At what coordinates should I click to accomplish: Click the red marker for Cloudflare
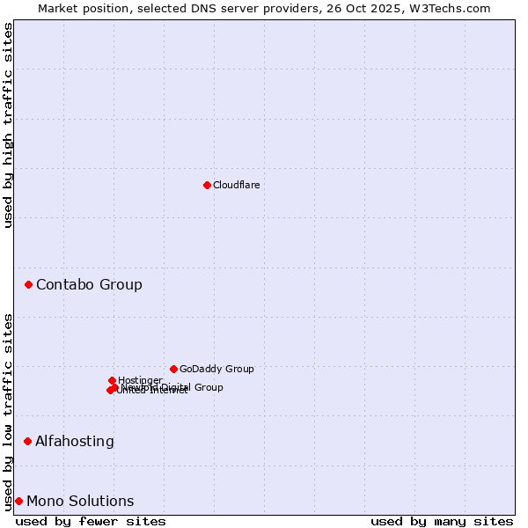[x=207, y=185]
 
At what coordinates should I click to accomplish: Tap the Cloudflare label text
[x=236, y=185]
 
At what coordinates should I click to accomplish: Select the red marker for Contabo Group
[x=29, y=284]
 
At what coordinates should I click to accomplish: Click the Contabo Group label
[x=89, y=284]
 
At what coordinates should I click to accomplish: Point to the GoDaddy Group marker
[x=173, y=369]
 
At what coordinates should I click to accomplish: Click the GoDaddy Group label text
[x=216, y=369]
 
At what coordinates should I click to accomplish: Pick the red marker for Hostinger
[x=112, y=380]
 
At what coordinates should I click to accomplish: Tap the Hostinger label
[x=140, y=380]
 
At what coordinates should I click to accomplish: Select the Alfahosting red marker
[x=28, y=441]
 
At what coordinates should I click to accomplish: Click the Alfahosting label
[x=75, y=441]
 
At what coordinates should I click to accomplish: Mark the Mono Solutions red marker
[x=18, y=501]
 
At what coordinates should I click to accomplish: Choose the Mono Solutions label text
[x=80, y=501]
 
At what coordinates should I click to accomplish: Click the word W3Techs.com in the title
[x=454, y=8]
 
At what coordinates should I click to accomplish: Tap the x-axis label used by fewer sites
[x=91, y=521]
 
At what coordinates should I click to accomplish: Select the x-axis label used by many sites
[x=442, y=521]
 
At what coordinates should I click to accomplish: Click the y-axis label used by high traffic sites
[x=8, y=125]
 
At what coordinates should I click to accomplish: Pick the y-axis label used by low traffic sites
[x=8, y=412]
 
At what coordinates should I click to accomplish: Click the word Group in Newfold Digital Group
[x=209, y=387]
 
